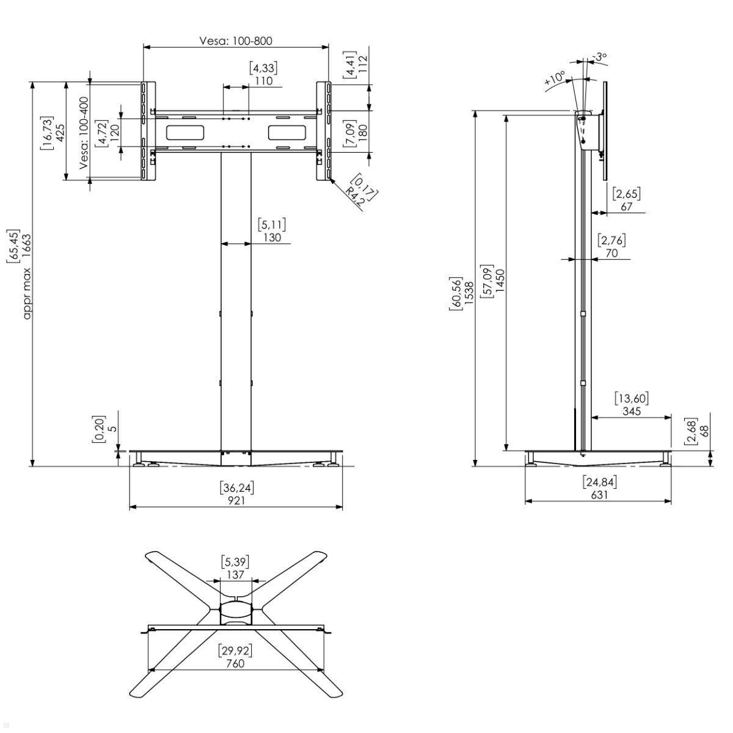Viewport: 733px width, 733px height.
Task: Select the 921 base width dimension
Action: point(236,500)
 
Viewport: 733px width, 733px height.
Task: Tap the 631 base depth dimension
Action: point(599,495)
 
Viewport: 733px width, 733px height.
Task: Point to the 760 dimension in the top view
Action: point(235,663)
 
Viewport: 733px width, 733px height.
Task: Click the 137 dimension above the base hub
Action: point(235,575)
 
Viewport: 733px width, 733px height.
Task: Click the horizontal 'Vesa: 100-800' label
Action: point(235,41)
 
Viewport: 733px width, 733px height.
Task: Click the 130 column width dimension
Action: point(272,238)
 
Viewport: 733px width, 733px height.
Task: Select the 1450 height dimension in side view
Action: point(500,281)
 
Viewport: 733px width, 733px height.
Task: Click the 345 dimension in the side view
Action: point(631,412)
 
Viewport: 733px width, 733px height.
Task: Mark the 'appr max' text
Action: point(26,293)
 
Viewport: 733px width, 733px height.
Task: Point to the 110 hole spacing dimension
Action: point(264,81)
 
